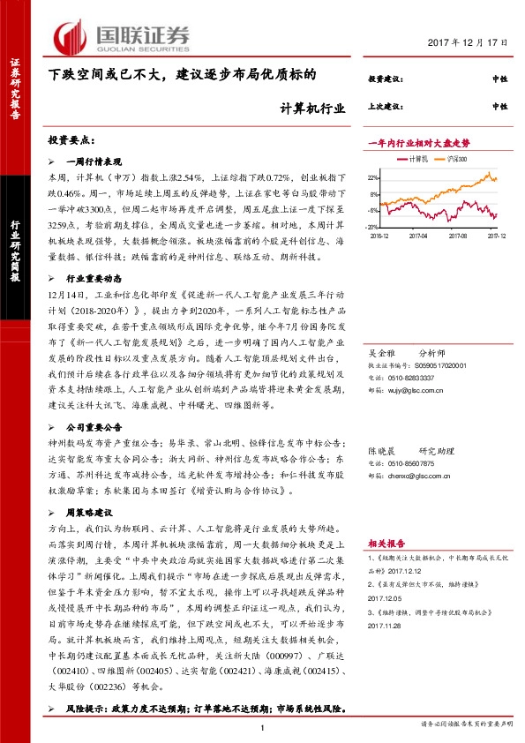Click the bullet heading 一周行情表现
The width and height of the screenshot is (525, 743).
point(96,162)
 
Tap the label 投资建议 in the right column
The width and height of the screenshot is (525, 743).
point(384,80)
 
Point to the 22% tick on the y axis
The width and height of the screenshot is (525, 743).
point(374,177)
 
